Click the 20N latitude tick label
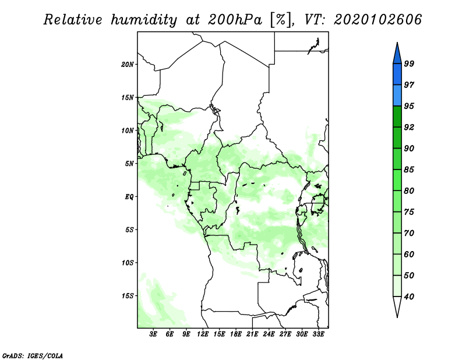coord(128,65)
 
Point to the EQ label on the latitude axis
coord(129,197)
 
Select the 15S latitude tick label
coord(128,296)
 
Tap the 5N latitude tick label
coord(129,164)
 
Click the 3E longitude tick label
coord(153,334)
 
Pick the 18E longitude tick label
coord(236,334)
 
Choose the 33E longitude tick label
coord(318,334)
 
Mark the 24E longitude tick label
coord(269,334)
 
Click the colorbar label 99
coord(409,63)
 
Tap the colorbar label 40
coord(409,297)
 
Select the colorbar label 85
coord(409,170)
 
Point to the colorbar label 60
coord(409,254)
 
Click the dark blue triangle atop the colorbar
coord(397,54)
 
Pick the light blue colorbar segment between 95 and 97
coord(397,96)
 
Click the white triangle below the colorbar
coord(397,306)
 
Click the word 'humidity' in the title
coord(144,20)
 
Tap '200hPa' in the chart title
coord(235,20)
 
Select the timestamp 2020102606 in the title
coord(377,20)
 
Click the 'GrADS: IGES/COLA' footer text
coord(33,356)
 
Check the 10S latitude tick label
coord(128,263)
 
